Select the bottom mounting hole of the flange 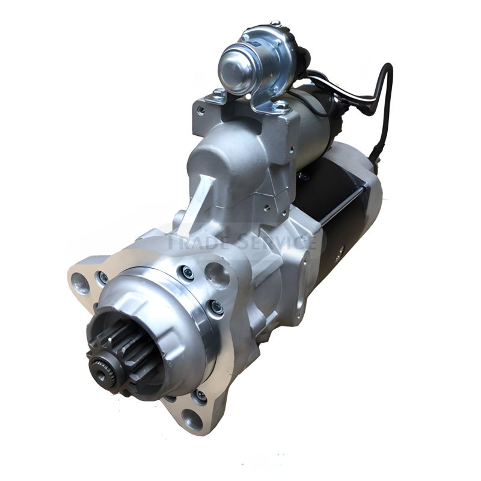pyautogui.click(x=192, y=418)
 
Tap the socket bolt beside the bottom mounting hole pyautogui.click(x=200, y=396)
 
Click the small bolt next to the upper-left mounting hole pyautogui.click(x=103, y=278)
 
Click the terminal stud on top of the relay pyautogui.click(x=275, y=25)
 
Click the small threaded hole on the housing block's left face pyautogui.click(x=201, y=111)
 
